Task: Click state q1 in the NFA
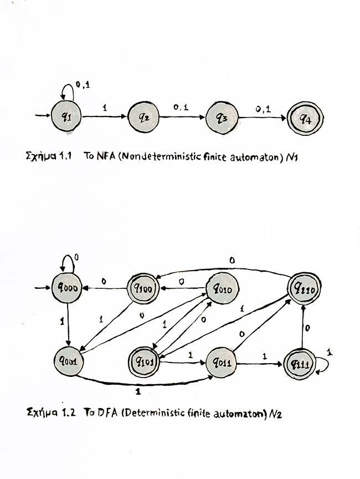pos(67,118)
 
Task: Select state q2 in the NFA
pos(143,118)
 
